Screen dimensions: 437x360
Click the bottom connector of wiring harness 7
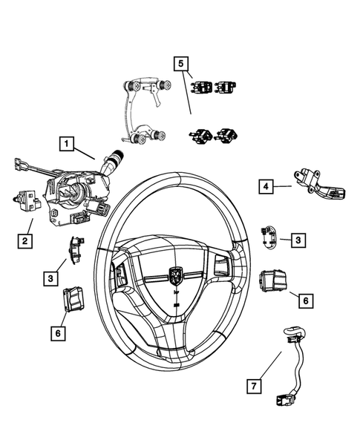tap(284, 398)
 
